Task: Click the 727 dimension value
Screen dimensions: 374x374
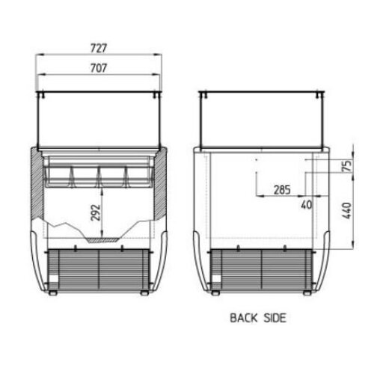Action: (x=99, y=47)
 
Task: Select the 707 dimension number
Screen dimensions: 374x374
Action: (x=99, y=68)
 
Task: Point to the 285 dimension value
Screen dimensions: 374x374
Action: (x=282, y=190)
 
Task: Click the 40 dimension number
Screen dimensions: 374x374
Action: (x=307, y=203)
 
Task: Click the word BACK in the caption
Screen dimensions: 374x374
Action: (x=245, y=318)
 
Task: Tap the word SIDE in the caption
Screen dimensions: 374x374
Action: (x=274, y=318)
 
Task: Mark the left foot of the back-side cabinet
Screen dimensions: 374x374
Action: (x=216, y=292)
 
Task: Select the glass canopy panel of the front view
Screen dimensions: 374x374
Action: (x=99, y=120)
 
